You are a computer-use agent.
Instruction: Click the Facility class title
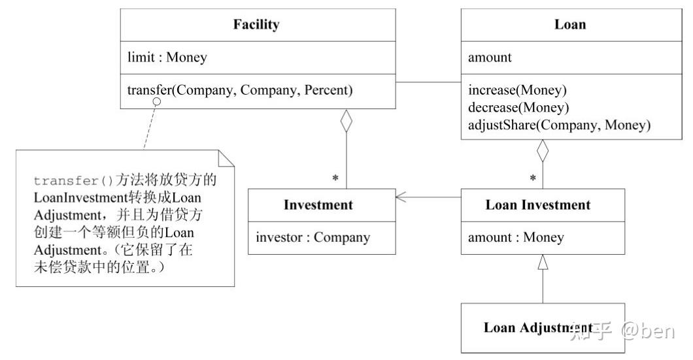click(x=256, y=25)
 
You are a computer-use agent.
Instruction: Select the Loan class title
click(x=569, y=25)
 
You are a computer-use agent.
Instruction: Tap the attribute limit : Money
click(x=167, y=57)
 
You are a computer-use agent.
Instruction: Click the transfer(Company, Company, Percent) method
click(x=240, y=90)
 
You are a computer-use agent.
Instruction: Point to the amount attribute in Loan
click(x=490, y=57)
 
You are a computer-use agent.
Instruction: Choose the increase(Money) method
click(x=517, y=90)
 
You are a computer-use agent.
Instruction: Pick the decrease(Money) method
click(x=518, y=107)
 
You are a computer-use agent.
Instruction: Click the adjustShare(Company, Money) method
click(x=559, y=124)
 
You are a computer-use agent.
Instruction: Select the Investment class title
click(x=318, y=205)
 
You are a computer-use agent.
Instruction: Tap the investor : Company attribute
click(x=313, y=238)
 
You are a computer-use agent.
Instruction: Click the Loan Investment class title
click(x=537, y=205)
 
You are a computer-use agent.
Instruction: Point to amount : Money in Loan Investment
click(x=515, y=238)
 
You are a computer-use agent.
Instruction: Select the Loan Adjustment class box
click(x=543, y=328)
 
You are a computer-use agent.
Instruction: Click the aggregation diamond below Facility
click(x=346, y=122)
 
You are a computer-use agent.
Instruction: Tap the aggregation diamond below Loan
click(x=543, y=152)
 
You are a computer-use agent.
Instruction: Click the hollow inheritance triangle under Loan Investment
click(x=543, y=263)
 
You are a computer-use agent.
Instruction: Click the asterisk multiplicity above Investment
click(x=335, y=178)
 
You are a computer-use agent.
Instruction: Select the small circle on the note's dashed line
click(x=157, y=103)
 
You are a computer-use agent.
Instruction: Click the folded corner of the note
click(x=226, y=158)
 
